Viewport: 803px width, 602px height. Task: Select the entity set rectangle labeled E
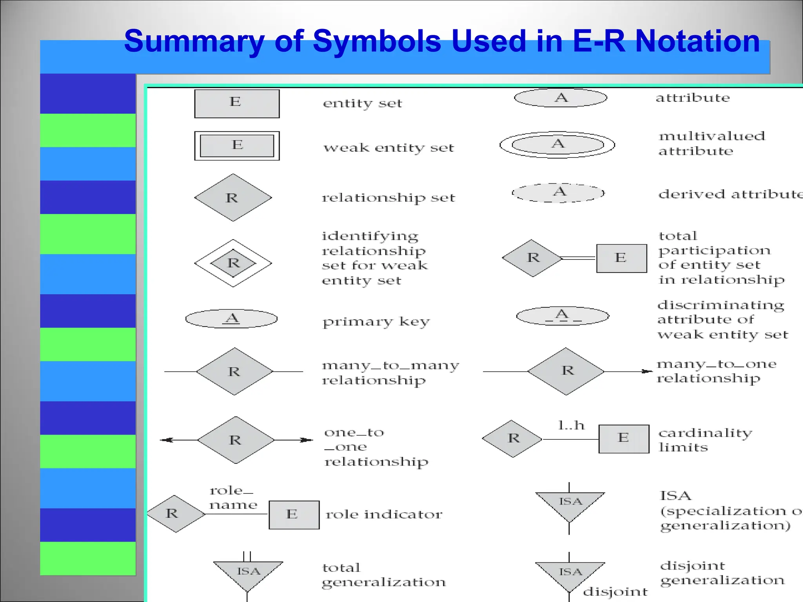pyautogui.click(x=237, y=104)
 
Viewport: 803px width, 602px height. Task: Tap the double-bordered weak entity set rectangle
pyautogui.click(x=237, y=146)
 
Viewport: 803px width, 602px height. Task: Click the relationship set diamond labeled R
pyautogui.click(x=233, y=198)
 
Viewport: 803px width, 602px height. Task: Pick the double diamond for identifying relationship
pyautogui.click(x=233, y=263)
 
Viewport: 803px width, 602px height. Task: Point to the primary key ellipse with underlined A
pyautogui.click(x=231, y=319)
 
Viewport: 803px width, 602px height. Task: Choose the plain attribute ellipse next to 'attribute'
pyautogui.click(x=560, y=98)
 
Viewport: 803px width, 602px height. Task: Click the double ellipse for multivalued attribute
pyautogui.click(x=557, y=145)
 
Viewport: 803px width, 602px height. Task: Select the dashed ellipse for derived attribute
pyautogui.click(x=558, y=193)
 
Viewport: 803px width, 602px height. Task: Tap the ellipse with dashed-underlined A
pyautogui.click(x=563, y=316)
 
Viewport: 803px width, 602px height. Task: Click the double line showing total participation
pyautogui.click(x=579, y=258)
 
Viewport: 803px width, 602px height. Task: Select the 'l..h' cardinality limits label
pyautogui.click(x=571, y=426)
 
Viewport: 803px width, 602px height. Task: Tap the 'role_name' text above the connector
pyautogui.click(x=233, y=498)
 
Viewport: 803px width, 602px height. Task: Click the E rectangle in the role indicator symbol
pyautogui.click(x=294, y=515)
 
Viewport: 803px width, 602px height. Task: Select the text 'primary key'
pyautogui.click(x=376, y=322)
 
